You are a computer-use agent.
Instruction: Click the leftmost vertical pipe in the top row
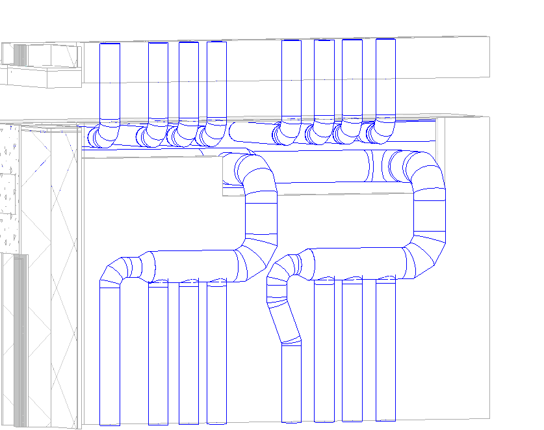click(109, 81)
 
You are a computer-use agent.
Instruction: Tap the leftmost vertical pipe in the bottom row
click(109, 355)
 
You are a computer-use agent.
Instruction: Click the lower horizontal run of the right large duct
click(357, 263)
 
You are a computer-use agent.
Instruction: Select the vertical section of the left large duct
click(261, 218)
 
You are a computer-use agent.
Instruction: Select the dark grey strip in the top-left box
click(20, 55)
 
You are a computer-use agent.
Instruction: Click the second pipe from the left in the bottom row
click(158, 355)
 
